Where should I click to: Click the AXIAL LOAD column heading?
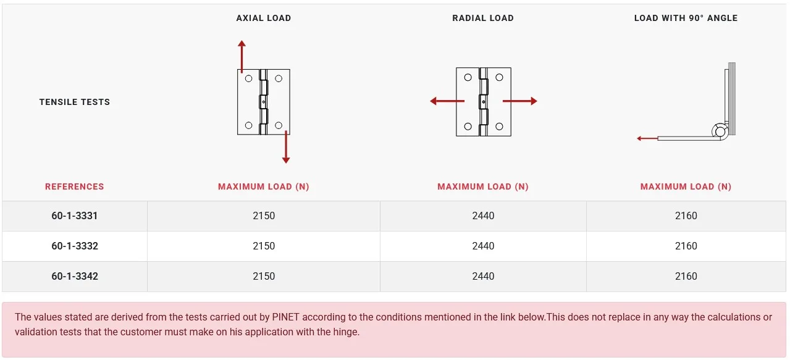tap(264, 18)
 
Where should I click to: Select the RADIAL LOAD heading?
tap(483, 18)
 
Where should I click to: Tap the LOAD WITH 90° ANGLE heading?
tap(686, 18)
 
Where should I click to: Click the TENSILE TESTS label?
tap(74, 102)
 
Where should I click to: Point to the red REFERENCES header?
tap(74, 186)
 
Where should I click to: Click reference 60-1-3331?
tap(74, 216)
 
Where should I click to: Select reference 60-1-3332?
tap(74, 246)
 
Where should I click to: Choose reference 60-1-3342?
tap(74, 276)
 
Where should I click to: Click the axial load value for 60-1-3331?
tap(264, 216)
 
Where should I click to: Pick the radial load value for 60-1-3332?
tap(483, 246)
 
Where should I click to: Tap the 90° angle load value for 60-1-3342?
tap(686, 276)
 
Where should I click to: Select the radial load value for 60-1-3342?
tap(483, 276)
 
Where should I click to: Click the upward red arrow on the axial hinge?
tap(242, 56)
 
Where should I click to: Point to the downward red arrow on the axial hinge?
tap(286, 147)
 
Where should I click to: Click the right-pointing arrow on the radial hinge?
tap(520, 101)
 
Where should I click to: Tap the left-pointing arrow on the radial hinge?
tap(447, 101)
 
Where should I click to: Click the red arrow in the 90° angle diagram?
tap(647, 138)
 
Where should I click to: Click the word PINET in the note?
tap(285, 317)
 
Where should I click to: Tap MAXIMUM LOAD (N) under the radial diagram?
tap(483, 186)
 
